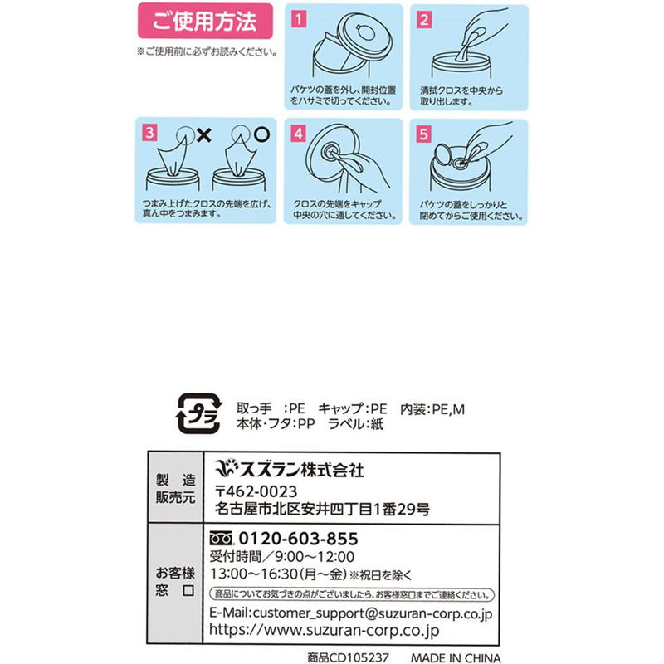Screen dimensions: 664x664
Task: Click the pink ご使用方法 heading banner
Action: (205, 21)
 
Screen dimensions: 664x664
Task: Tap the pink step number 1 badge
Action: (299, 19)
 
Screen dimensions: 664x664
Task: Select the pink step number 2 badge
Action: (424, 19)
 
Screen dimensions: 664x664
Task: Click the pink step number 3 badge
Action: (149, 133)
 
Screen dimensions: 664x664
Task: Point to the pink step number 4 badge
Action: (299, 134)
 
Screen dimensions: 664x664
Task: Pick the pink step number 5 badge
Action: (424, 134)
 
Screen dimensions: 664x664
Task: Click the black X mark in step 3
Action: (204, 135)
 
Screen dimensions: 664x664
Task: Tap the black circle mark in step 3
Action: (262, 134)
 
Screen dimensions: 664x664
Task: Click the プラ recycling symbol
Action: (198, 413)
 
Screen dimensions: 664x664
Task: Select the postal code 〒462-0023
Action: (256, 491)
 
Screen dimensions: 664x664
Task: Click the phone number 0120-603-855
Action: (299, 539)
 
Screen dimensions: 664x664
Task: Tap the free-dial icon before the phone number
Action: (222, 538)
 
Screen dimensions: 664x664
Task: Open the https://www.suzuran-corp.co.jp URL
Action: (324, 630)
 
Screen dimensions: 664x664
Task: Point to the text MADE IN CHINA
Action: (456, 657)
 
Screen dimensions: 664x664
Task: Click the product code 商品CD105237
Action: (348, 657)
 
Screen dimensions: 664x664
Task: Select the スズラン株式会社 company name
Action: (289, 469)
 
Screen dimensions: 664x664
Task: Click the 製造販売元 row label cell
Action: (175, 488)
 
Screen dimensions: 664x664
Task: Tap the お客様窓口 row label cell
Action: (175, 584)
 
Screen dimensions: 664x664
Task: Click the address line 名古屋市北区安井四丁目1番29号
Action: (322, 509)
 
